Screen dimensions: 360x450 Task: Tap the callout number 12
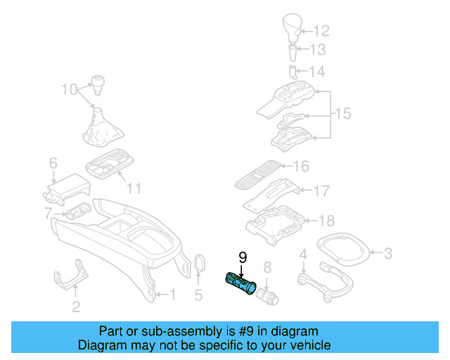[321, 31]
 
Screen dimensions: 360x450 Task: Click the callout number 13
[319, 50]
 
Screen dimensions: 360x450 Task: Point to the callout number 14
[319, 72]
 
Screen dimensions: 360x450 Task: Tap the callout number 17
[321, 190]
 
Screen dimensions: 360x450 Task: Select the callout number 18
[326, 221]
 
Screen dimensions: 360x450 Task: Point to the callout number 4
[303, 254]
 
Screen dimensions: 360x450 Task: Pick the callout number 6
[53, 164]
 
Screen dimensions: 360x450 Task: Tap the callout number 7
[48, 212]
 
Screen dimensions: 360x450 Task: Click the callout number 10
[69, 89]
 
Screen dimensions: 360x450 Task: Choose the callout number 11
[134, 188]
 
